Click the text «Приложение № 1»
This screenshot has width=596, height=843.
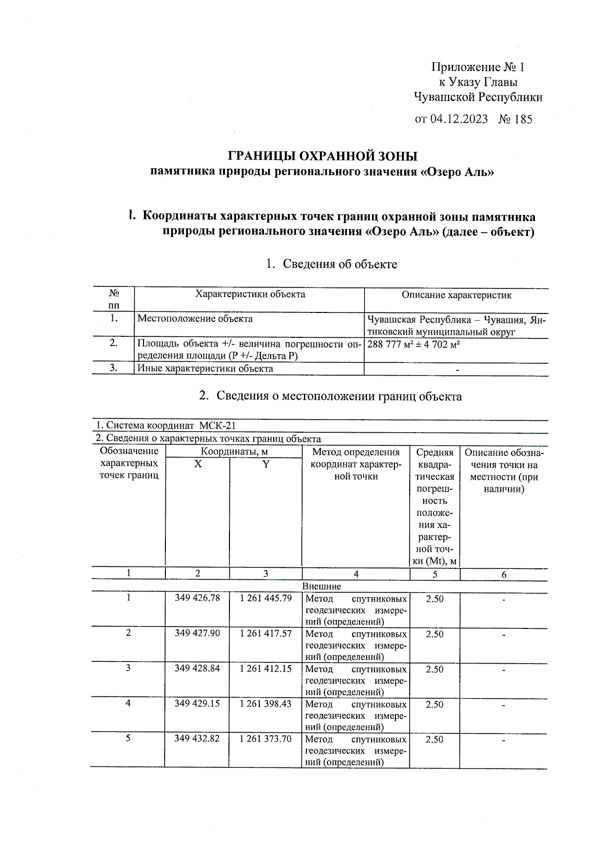(478, 67)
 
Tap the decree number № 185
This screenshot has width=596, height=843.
(515, 119)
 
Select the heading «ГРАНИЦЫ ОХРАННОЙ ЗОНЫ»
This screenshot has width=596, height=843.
(323, 156)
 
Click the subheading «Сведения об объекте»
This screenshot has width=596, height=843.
(340, 264)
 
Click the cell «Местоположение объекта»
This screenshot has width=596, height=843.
(195, 319)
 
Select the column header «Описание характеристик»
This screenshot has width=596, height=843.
(456, 295)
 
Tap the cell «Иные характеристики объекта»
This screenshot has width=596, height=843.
(205, 369)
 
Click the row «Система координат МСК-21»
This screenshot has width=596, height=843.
(166, 426)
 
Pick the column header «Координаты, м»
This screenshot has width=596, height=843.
(234, 452)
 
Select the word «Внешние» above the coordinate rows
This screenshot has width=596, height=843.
(321, 586)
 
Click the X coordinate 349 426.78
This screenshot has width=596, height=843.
(197, 598)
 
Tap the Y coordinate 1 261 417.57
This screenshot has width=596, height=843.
(266, 633)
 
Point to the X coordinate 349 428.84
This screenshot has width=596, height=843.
(197, 669)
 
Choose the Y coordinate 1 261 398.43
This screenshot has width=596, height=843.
(266, 704)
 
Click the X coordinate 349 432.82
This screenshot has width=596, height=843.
(197, 739)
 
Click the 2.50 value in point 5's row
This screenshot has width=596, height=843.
(435, 739)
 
